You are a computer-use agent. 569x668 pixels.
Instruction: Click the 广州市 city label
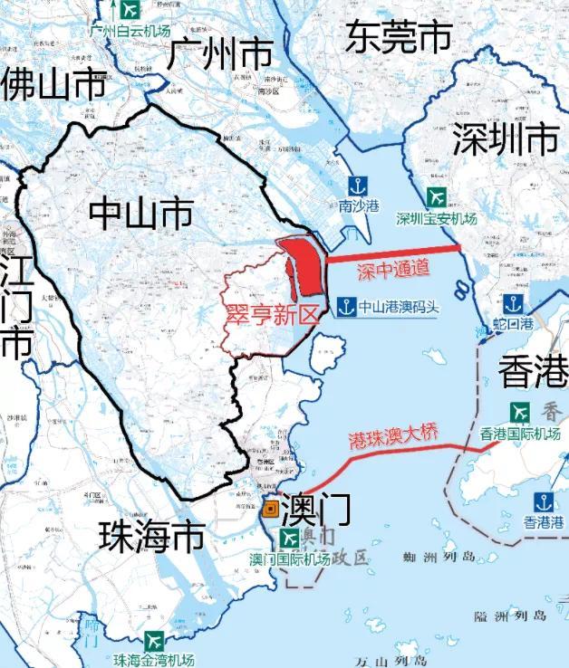(x=220, y=55)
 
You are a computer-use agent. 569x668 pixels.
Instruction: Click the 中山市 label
(x=140, y=214)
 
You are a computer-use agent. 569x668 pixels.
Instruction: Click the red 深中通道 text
(x=391, y=269)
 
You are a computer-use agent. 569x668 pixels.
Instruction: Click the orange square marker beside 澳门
(x=269, y=510)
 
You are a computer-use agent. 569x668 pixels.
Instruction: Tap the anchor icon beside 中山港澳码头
(x=344, y=306)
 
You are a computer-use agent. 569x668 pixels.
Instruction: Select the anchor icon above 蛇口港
(x=513, y=303)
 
